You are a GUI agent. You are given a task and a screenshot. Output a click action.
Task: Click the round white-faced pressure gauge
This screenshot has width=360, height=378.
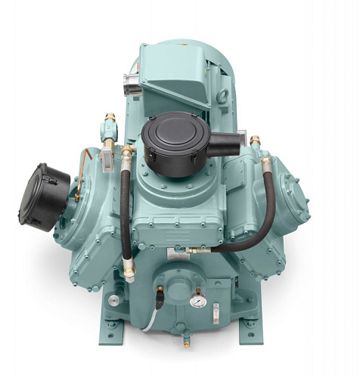click(x=197, y=300)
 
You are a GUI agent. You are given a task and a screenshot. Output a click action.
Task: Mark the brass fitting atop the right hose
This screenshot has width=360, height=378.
click(x=265, y=161)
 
